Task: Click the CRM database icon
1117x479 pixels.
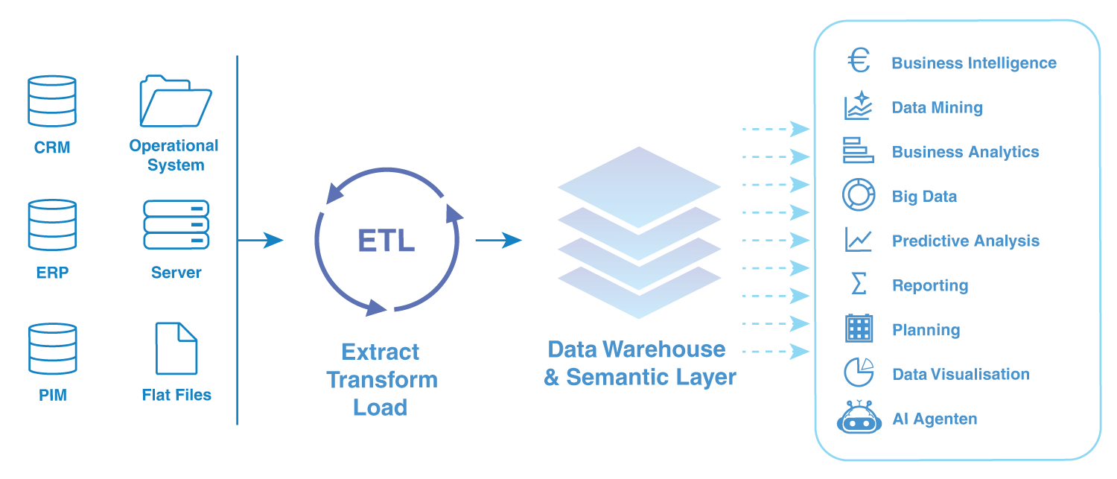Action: point(52,101)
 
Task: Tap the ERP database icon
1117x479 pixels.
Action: point(52,225)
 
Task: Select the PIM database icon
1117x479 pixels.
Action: point(52,349)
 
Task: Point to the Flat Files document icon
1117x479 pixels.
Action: point(176,348)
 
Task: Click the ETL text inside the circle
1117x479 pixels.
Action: point(386,241)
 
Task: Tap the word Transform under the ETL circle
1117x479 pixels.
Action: point(381,380)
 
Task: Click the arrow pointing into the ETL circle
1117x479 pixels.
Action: point(261,240)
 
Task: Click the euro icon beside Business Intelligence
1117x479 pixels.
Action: point(859,61)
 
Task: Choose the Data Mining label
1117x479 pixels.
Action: point(937,108)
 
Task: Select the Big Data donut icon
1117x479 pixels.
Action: point(859,195)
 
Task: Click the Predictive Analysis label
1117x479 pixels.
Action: point(965,241)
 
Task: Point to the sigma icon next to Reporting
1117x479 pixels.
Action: point(859,284)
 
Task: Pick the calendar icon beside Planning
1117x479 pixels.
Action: point(859,329)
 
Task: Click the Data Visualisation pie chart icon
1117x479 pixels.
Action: point(859,372)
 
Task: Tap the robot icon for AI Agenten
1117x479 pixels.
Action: point(859,417)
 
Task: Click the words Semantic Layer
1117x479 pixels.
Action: point(651,377)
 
